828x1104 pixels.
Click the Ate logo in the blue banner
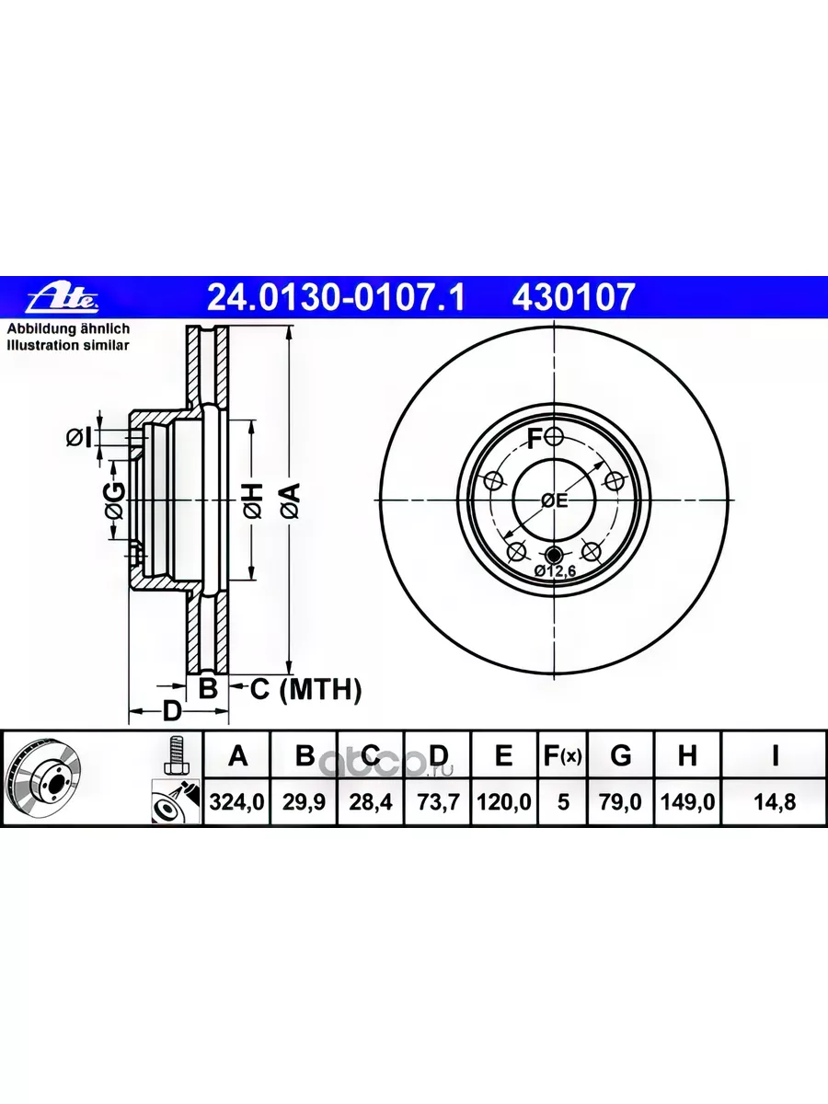[x=62, y=299]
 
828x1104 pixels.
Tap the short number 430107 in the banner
[x=573, y=298]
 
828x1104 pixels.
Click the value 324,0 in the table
[x=236, y=801]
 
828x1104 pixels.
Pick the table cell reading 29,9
[x=304, y=801]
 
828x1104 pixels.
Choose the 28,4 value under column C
[x=371, y=801]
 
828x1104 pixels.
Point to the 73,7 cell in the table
[x=438, y=801]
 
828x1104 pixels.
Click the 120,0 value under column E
[x=504, y=801]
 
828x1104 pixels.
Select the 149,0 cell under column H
[x=687, y=801]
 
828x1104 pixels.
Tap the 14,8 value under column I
[x=775, y=801]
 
